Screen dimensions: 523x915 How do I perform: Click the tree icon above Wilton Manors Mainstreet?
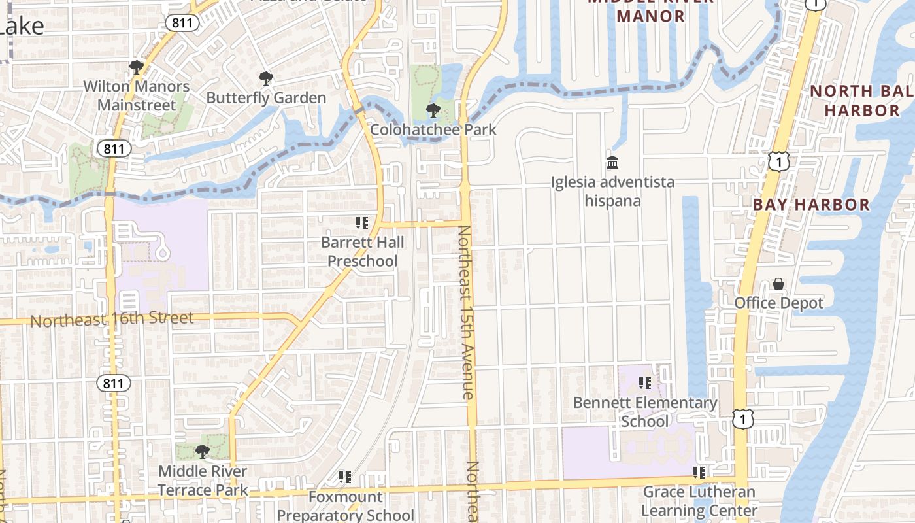click(136, 67)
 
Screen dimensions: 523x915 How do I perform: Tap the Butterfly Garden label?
click(266, 97)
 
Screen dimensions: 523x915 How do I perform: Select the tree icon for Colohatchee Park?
click(433, 110)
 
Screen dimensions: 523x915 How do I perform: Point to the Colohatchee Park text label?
click(433, 129)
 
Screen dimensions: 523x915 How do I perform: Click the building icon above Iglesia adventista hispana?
click(612, 162)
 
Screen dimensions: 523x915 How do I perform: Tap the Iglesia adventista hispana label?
click(612, 191)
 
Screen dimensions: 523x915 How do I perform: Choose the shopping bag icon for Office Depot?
click(778, 284)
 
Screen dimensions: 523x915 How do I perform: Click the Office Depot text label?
click(778, 303)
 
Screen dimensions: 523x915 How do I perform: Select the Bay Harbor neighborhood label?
click(811, 205)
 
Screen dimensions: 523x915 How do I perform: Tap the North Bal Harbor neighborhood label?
click(861, 100)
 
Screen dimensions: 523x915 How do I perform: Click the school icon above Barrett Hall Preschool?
click(362, 223)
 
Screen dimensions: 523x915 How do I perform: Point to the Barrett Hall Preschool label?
click(362, 252)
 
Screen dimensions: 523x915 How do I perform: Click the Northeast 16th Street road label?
click(112, 320)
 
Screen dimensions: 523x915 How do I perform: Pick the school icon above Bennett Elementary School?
click(645, 383)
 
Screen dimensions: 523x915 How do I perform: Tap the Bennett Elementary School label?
click(645, 412)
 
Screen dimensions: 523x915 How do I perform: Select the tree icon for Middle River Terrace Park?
click(203, 451)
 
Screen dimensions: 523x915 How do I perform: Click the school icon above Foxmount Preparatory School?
click(345, 477)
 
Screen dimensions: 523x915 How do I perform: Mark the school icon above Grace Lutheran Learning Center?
click(699, 472)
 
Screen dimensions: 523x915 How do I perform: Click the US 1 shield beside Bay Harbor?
click(779, 160)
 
